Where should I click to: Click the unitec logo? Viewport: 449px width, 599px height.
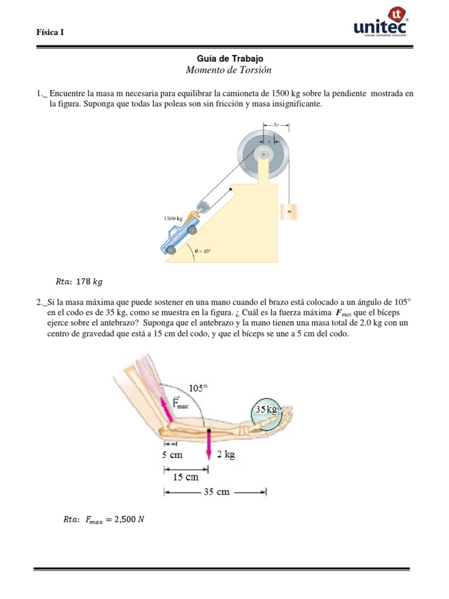pyautogui.click(x=381, y=24)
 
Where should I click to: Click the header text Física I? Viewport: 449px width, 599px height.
pyautogui.click(x=50, y=33)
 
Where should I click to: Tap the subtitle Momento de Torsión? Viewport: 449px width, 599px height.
pyautogui.click(x=229, y=70)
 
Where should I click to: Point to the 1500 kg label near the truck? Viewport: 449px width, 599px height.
pyautogui.click(x=173, y=218)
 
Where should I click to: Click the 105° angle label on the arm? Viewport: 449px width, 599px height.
pyautogui.click(x=199, y=388)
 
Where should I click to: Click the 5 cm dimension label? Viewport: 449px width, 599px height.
pyautogui.click(x=172, y=454)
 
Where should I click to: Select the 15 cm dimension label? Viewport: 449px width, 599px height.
pyautogui.click(x=185, y=477)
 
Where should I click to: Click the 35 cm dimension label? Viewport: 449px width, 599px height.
pyautogui.click(x=216, y=492)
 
